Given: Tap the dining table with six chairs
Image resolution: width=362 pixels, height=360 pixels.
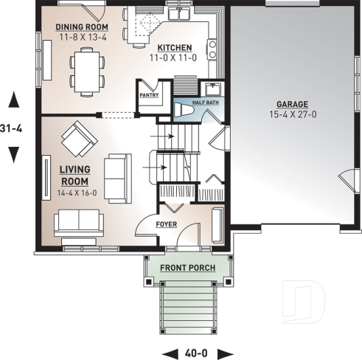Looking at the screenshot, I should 87,70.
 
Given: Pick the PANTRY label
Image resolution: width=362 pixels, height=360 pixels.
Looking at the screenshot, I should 149,94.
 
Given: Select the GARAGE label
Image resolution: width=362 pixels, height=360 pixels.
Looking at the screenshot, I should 292,104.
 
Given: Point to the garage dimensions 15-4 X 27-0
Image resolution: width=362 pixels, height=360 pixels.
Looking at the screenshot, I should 292,114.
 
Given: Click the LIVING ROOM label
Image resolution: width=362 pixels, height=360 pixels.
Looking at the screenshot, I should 74,175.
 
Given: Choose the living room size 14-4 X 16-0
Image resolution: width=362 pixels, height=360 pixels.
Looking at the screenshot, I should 76,193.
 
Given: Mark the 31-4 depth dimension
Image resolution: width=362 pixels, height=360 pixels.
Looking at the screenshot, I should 13,127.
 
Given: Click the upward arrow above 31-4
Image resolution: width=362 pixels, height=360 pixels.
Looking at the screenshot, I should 13,99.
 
